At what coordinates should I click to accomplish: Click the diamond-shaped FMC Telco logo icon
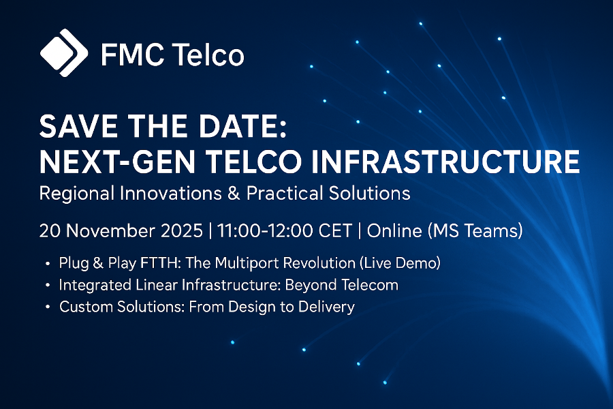(x=64, y=52)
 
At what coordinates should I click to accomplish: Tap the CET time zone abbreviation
(x=334, y=231)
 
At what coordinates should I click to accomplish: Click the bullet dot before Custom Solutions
(x=47, y=307)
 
